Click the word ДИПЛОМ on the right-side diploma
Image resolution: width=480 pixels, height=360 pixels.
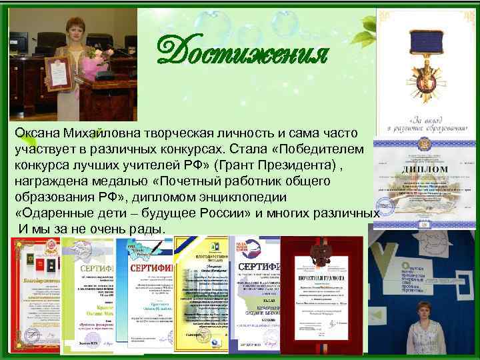pos(422,171)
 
